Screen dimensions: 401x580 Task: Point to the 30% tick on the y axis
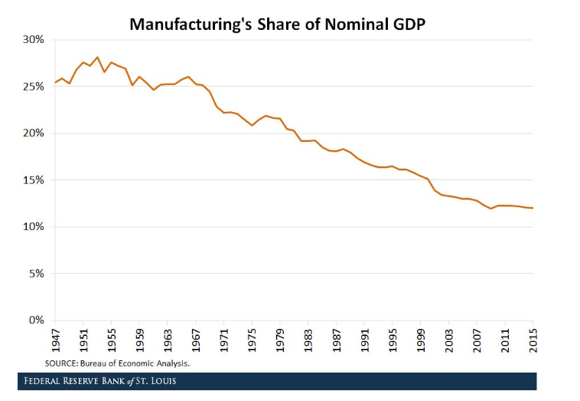pyautogui.click(x=34, y=39)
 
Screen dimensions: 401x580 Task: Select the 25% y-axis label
pyautogui.click(x=34, y=87)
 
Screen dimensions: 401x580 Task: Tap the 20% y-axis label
pyautogui.click(x=34, y=133)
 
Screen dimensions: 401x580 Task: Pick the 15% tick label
pyautogui.click(x=34, y=180)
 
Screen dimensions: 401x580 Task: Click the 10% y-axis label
pyautogui.click(x=34, y=227)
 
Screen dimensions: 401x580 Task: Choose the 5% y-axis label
pyautogui.click(x=37, y=274)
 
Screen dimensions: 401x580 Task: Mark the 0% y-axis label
pyautogui.click(x=37, y=320)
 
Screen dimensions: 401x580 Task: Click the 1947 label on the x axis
pyautogui.click(x=56, y=339)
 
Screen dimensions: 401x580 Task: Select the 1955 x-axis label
pyautogui.click(x=112, y=339)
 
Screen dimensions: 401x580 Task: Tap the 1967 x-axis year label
pyautogui.click(x=196, y=339)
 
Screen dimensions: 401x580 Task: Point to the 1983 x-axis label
pyautogui.click(x=308, y=339)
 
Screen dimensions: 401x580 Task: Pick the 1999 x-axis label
pyautogui.click(x=421, y=339)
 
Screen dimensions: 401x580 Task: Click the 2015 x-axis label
pyautogui.click(x=533, y=339)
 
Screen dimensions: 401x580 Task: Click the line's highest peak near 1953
pyautogui.click(x=97, y=57)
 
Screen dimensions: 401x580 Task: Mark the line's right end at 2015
pyautogui.click(x=533, y=209)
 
